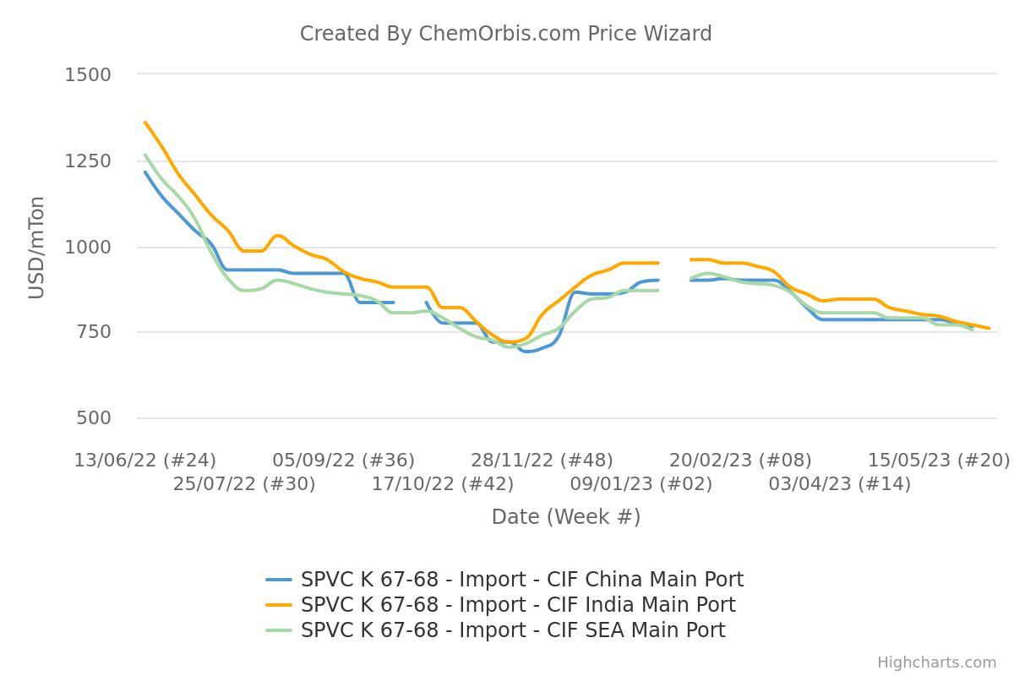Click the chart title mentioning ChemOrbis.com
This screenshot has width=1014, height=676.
[505, 34]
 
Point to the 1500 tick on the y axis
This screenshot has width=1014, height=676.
[88, 75]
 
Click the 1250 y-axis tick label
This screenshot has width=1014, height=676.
[88, 161]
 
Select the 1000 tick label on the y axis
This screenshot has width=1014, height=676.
[88, 248]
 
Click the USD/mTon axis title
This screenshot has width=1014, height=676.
[36, 247]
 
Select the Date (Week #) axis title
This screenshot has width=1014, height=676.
[565, 517]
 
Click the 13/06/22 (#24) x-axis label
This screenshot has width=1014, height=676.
[144, 461]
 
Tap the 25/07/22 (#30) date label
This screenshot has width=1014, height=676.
[244, 484]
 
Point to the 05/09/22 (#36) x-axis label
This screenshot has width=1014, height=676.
[343, 461]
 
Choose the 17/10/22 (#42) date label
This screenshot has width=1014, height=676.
[443, 484]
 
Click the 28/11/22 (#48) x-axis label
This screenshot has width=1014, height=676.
[542, 461]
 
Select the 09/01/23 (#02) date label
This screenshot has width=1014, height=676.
[641, 484]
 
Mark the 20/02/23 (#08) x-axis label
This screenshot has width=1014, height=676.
[740, 461]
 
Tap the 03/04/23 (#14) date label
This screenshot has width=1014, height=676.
[840, 484]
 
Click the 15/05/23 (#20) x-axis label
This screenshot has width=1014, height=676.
[939, 461]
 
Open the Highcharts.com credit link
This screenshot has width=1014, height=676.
[936, 662]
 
